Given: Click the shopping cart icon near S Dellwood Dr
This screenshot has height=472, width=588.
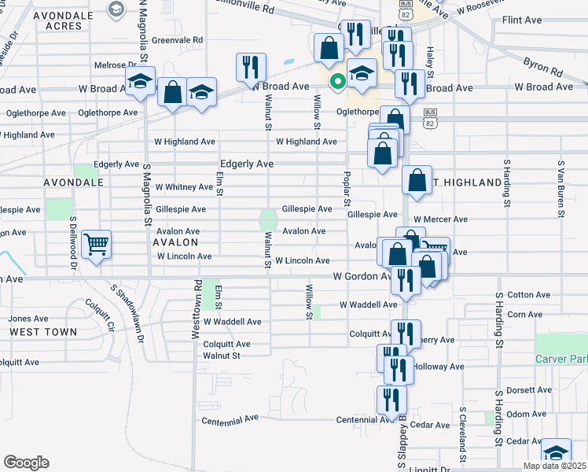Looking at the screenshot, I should click(96, 245).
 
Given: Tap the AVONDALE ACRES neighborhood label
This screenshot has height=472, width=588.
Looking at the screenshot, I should click(52, 20).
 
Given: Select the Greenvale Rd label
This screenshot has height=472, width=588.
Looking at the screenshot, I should click(177, 39).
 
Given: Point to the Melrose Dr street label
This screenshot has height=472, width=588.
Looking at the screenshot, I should click(110, 65).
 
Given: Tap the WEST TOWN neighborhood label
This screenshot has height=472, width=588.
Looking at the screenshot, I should click(43, 332).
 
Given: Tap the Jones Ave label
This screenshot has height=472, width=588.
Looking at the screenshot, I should click(24, 319).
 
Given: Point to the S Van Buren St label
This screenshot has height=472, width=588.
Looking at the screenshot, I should click(561, 190).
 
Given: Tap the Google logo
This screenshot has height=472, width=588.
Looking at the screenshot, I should click(26, 463).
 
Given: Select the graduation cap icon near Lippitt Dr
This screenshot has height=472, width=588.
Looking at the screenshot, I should click(556, 452).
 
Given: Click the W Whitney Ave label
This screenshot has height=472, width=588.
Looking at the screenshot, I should click(184, 187).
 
